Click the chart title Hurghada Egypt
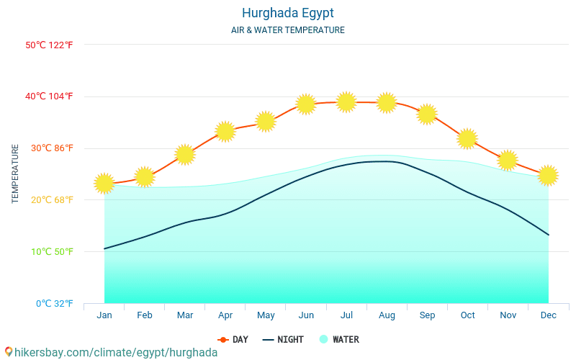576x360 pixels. (288, 13)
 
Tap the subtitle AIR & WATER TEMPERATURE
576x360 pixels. (288, 30)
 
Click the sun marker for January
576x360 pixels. (104, 184)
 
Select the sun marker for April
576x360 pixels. (225, 132)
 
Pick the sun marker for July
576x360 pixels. (346, 102)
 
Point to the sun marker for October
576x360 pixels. (467, 138)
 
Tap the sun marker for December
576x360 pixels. (548, 175)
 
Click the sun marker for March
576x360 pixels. (185, 155)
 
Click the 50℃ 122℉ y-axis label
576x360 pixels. (50, 45)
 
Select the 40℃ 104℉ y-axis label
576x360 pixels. (50, 96)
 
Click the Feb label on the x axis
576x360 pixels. (145, 315)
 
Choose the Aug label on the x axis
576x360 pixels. (387, 315)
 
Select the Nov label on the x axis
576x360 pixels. (508, 315)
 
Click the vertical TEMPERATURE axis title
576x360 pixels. (16, 174)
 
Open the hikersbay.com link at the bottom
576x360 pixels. (112, 352)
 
